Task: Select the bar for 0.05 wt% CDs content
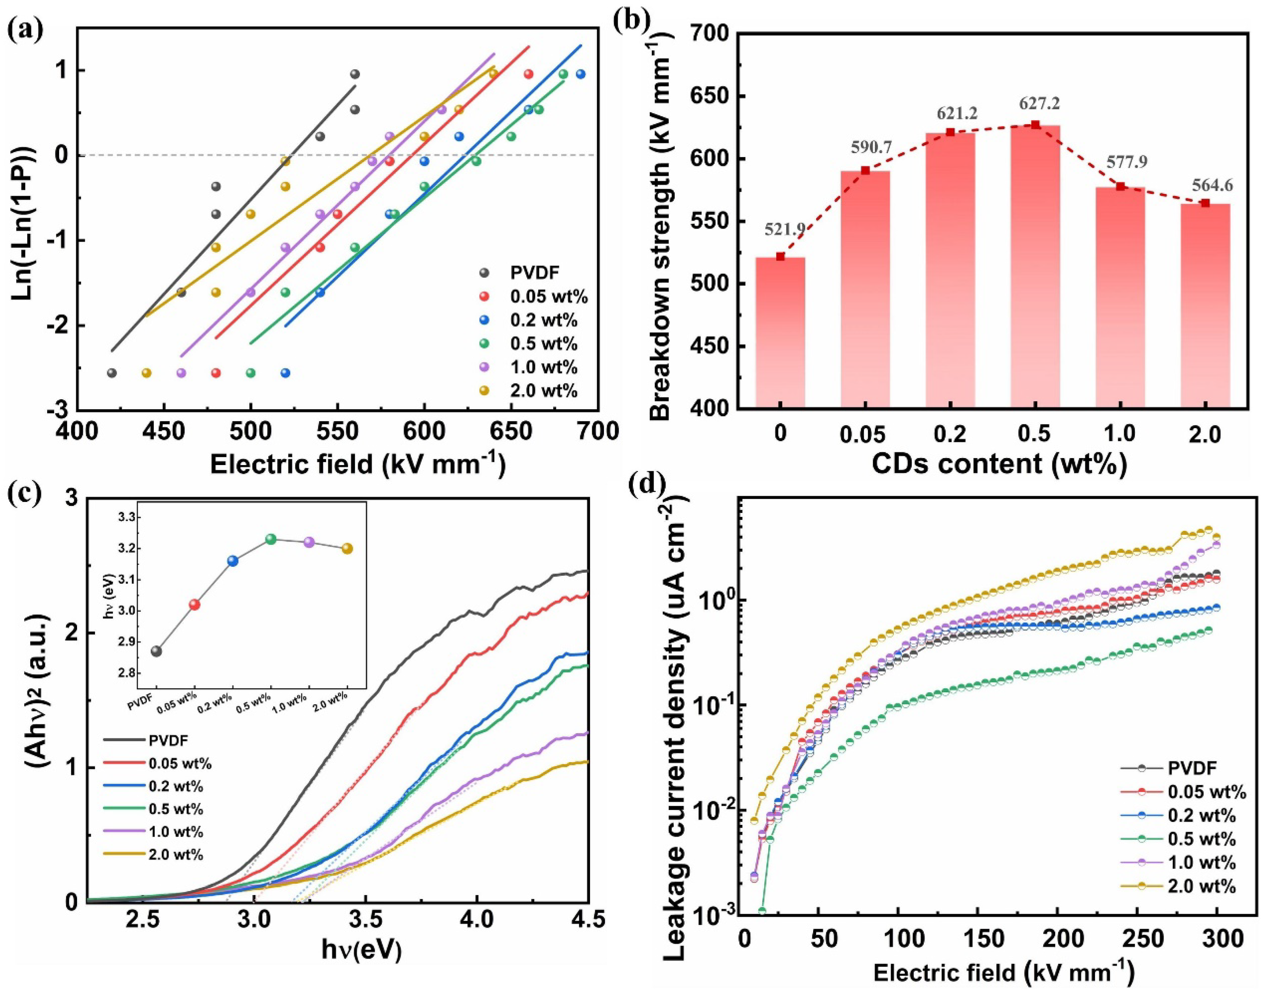(865, 290)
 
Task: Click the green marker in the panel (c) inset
(271, 539)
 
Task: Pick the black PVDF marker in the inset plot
(156, 651)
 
